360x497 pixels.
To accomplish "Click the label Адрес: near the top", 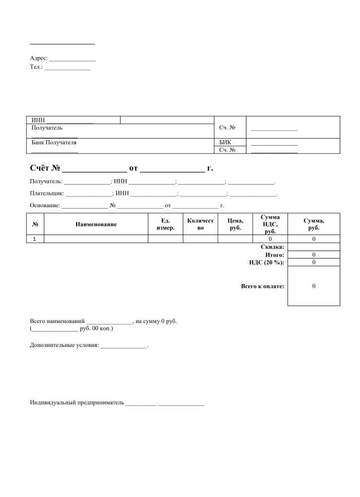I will click(39, 58).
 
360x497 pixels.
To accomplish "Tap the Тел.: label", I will click(36, 67).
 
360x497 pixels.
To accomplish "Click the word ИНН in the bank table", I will click(38, 120).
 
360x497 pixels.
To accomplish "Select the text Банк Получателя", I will click(54, 143).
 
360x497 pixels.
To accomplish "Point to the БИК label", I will click(225, 142).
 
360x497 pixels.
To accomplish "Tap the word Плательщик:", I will click(47, 193).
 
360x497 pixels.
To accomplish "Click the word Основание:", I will click(45, 205).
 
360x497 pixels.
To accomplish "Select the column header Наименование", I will click(96, 224).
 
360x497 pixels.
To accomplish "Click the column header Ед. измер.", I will click(166, 224).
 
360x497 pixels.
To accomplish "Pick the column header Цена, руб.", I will click(235, 224).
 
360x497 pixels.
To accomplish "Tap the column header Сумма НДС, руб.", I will click(270, 224).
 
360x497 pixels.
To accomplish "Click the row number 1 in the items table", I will click(35, 239).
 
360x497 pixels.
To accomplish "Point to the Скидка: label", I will click(272, 247).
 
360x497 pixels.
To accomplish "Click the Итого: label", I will click(274, 255).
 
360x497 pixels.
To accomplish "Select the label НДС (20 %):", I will click(267, 262).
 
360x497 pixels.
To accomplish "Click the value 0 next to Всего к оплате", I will click(314, 286).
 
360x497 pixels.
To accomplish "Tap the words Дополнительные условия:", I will click(64, 345).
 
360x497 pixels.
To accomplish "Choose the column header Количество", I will click(200, 224).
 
